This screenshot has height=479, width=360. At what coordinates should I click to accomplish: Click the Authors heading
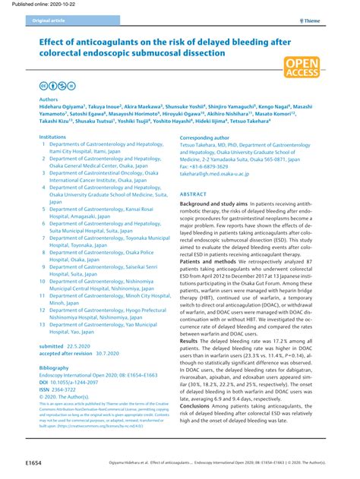[48, 99]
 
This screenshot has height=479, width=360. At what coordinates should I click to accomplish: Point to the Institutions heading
[52, 137]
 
